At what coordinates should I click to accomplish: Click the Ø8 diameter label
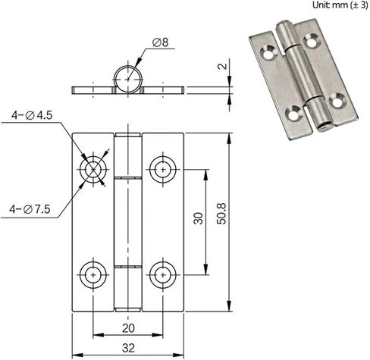click(x=161, y=42)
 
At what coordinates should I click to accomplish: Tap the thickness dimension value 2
click(x=222, y=66)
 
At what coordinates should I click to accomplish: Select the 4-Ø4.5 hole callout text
click(x=32, y=115)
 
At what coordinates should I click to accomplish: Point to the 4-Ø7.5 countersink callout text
click(x=30, y=209)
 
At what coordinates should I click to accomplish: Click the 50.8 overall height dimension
click(x=222, y=214)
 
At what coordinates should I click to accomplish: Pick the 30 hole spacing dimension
click(x=198, y=218)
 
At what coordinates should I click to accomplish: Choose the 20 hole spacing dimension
click(x=128, y=328)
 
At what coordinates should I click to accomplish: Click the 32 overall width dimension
click(x=128, y=349)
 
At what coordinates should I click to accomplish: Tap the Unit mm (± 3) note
click(x=340, y=5)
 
